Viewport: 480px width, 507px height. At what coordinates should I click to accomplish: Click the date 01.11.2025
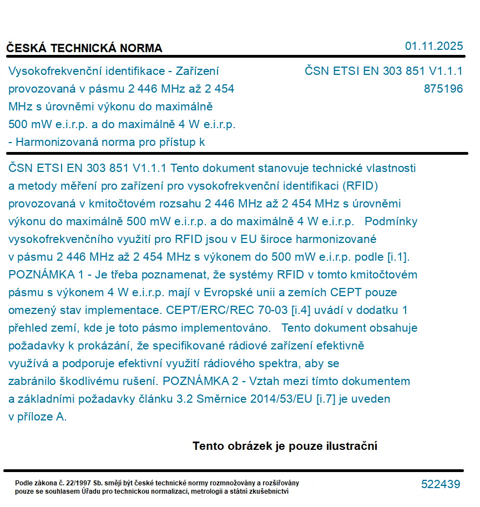coord(433,46)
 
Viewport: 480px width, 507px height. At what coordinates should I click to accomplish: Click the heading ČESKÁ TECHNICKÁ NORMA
coord(84,48)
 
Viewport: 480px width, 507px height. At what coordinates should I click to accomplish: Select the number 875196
coord(443,89)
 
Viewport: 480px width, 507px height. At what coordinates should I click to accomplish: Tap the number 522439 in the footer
coord(441,484)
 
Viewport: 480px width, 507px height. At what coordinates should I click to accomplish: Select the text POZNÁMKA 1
coord(43,275)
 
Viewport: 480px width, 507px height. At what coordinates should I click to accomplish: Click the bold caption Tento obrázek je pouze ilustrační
coord(285,446)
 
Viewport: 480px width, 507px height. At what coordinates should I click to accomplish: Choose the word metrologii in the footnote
coord(225,491)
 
